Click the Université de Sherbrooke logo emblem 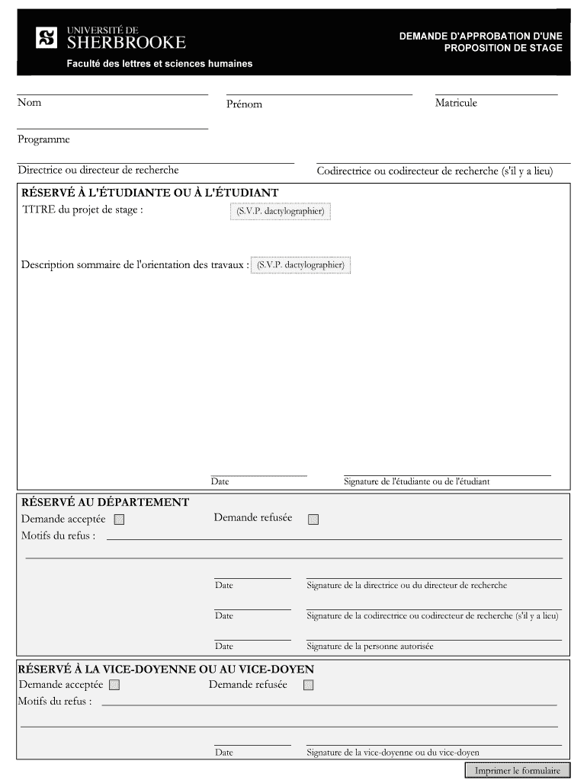(x=47, y=37)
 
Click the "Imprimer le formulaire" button (x=517, y=770)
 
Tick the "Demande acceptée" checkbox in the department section (x=119, y=520)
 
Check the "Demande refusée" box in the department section (x=313, y=519)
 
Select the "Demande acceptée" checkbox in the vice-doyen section (x=114, y=685)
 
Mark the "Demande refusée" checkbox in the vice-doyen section (x=308, y=685)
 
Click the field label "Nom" (x=30, y=103)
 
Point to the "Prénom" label (x=243, y=104)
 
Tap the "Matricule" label (x=456, y=103)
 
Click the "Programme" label (x=43, y=139)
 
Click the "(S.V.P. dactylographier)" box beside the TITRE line (x=280, y=212)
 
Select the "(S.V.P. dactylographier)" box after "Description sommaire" (x=300, y=265)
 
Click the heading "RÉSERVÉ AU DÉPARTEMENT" (x=105, y=503)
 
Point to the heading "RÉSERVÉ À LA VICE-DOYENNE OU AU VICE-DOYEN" (x=166, y=669)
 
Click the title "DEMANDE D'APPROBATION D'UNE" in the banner (x=480, y=36)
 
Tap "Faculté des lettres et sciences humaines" (x=159, y=64)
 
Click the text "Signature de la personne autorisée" (x=370, y=647)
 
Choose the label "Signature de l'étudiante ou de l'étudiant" (x=416, y=481)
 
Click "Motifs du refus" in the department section (x=58, y=535)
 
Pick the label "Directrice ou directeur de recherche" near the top (x=98, y=170)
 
